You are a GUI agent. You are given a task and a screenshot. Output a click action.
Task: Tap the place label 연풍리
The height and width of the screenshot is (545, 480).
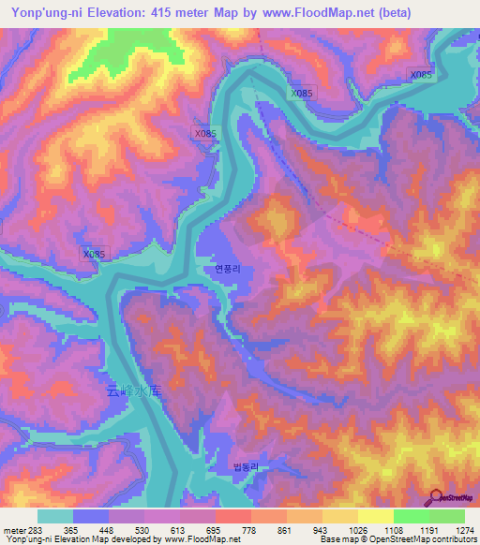[x=228, y=268]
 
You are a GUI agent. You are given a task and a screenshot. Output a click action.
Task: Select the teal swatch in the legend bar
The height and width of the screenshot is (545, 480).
[x=55, y=516]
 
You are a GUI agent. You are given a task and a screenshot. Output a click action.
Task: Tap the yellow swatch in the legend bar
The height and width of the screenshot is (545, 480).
[x=375, y=516]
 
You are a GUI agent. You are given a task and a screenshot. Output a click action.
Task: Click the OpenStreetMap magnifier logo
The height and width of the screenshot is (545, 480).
[x=436, y=496]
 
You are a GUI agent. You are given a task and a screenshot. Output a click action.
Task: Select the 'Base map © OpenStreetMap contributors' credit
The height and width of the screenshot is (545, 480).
[x=397, y=540]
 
